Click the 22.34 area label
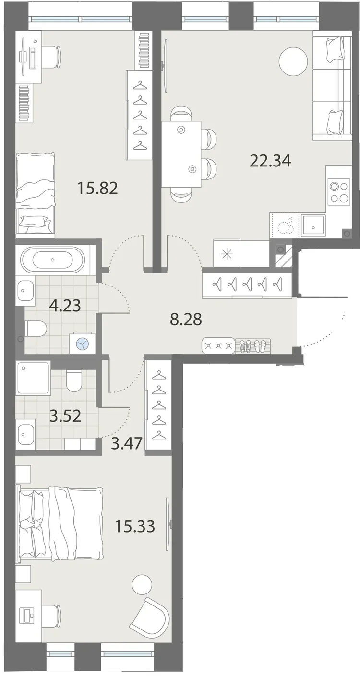(x=270, y=161)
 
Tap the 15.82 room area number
(x=97, y=189)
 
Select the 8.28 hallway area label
(x=186, y=319)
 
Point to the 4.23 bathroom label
(x=65, y=305)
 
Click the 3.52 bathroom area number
(x=65, y=416)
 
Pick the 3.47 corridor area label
(x=127, y=443)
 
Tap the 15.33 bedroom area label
(x=135, y=526)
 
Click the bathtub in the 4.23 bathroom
(x=53, y=260)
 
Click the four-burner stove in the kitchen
(x=338, y=192)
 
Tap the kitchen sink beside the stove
(x=313, y=225)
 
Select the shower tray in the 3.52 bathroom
(x=33, y=378)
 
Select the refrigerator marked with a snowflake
(x=227, y=253)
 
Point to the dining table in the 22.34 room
(x=181, y=154)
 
